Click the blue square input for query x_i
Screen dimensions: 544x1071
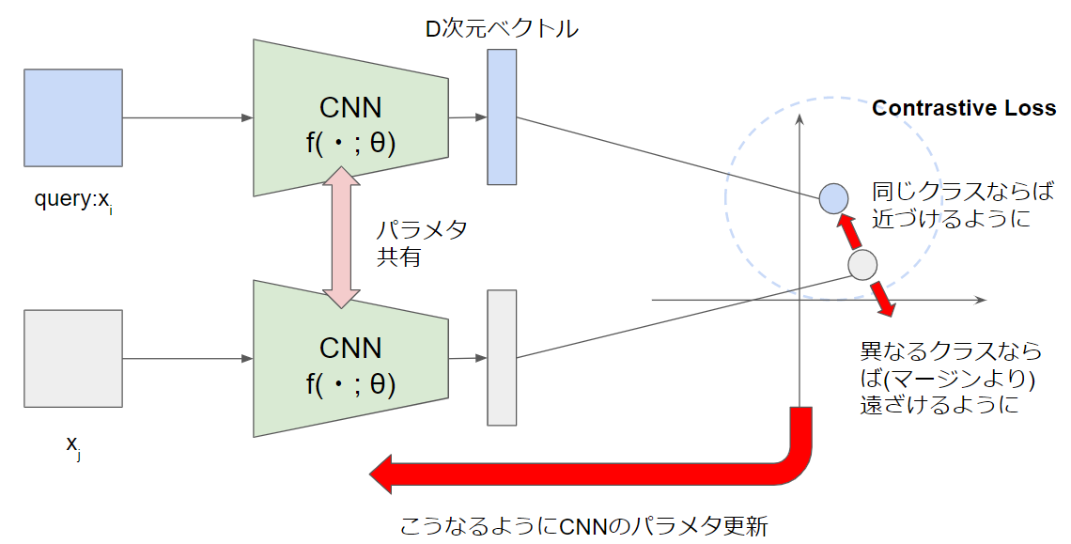[x=73, y=117]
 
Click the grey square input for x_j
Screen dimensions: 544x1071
[x=73, y=358]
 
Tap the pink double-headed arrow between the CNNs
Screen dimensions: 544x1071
[x=340, y=238]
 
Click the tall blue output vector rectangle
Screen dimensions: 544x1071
[x=502, y=117]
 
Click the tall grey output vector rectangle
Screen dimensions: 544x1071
[x=502, y=358]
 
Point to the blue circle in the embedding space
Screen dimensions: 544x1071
[x=833, y=198]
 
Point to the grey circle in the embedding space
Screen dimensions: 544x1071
[x=861, y=265]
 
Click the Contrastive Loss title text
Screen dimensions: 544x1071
[x=964, y=108]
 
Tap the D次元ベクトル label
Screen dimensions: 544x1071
[x=502, y=29]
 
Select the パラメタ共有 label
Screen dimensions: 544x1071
[x=421, y=243]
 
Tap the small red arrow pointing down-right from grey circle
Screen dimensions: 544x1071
[x=883, y=298]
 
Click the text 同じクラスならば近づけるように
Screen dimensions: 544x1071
[x=951, y=206]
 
